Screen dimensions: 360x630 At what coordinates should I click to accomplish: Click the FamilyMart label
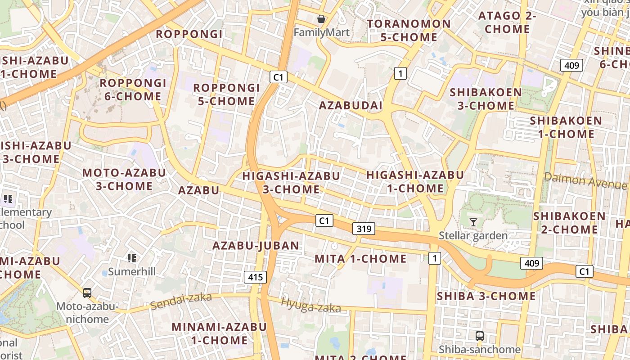(x=321, y=32)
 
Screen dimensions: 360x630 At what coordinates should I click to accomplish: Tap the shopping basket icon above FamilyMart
(x=321, y=19)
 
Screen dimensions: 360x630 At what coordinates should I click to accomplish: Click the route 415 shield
(x=255, y=277)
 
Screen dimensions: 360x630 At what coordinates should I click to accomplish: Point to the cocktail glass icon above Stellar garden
(x=473, y=222)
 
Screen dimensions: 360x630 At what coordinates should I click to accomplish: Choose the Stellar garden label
(x=473, y=235)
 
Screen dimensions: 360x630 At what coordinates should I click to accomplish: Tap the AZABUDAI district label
(x=351, y=106)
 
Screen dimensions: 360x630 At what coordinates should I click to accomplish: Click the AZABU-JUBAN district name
(x=256, y=246)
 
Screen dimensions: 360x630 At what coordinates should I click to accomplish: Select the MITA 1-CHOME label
(x=360, y=259)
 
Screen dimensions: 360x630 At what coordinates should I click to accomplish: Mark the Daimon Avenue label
(x=585, y=180)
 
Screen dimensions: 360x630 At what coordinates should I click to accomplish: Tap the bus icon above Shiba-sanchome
(x=480, y=336)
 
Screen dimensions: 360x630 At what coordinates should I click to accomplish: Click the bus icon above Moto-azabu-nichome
(x=87, y=293)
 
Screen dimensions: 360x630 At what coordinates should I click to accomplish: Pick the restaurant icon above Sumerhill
(x=132, y=258)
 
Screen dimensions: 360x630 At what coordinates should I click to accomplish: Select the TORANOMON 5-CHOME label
(x=409, y=30)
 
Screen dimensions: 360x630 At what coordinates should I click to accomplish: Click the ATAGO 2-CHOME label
(x=507, y=22)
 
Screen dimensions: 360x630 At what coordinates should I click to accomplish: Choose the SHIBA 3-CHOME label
(x=486, y=296)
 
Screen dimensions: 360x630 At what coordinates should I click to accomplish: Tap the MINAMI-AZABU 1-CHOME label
(x=219, y=333)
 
